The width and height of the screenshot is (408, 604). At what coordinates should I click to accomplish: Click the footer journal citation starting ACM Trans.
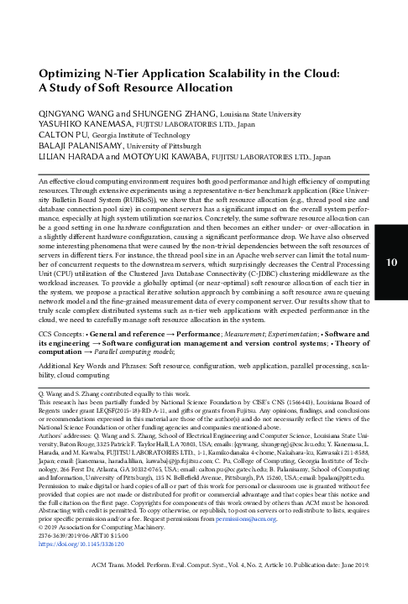(229, 590)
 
